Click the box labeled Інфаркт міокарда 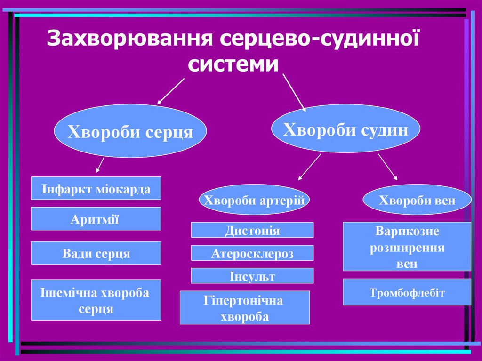[x=96, y=188]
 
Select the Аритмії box [x=96, y=219]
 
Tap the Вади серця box [x=96, y=253]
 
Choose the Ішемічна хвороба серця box [x=96, y=300]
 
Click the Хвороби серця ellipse [x=130, y=131]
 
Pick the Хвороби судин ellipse [x=345, y=128]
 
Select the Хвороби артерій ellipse [x=255, y=200]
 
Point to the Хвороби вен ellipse [x=417, y=200]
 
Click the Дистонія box [x=252, y=230]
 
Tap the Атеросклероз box [x=252, y=253]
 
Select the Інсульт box [x=252, y=276]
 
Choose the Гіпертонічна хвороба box [x=245, y=308]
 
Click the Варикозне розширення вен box [x=407, y=247]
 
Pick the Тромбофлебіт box [x=407, y=292]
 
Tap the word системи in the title [x=230, y=63]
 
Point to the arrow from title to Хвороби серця [x=170, y=91]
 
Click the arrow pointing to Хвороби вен [x=387, y=167]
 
